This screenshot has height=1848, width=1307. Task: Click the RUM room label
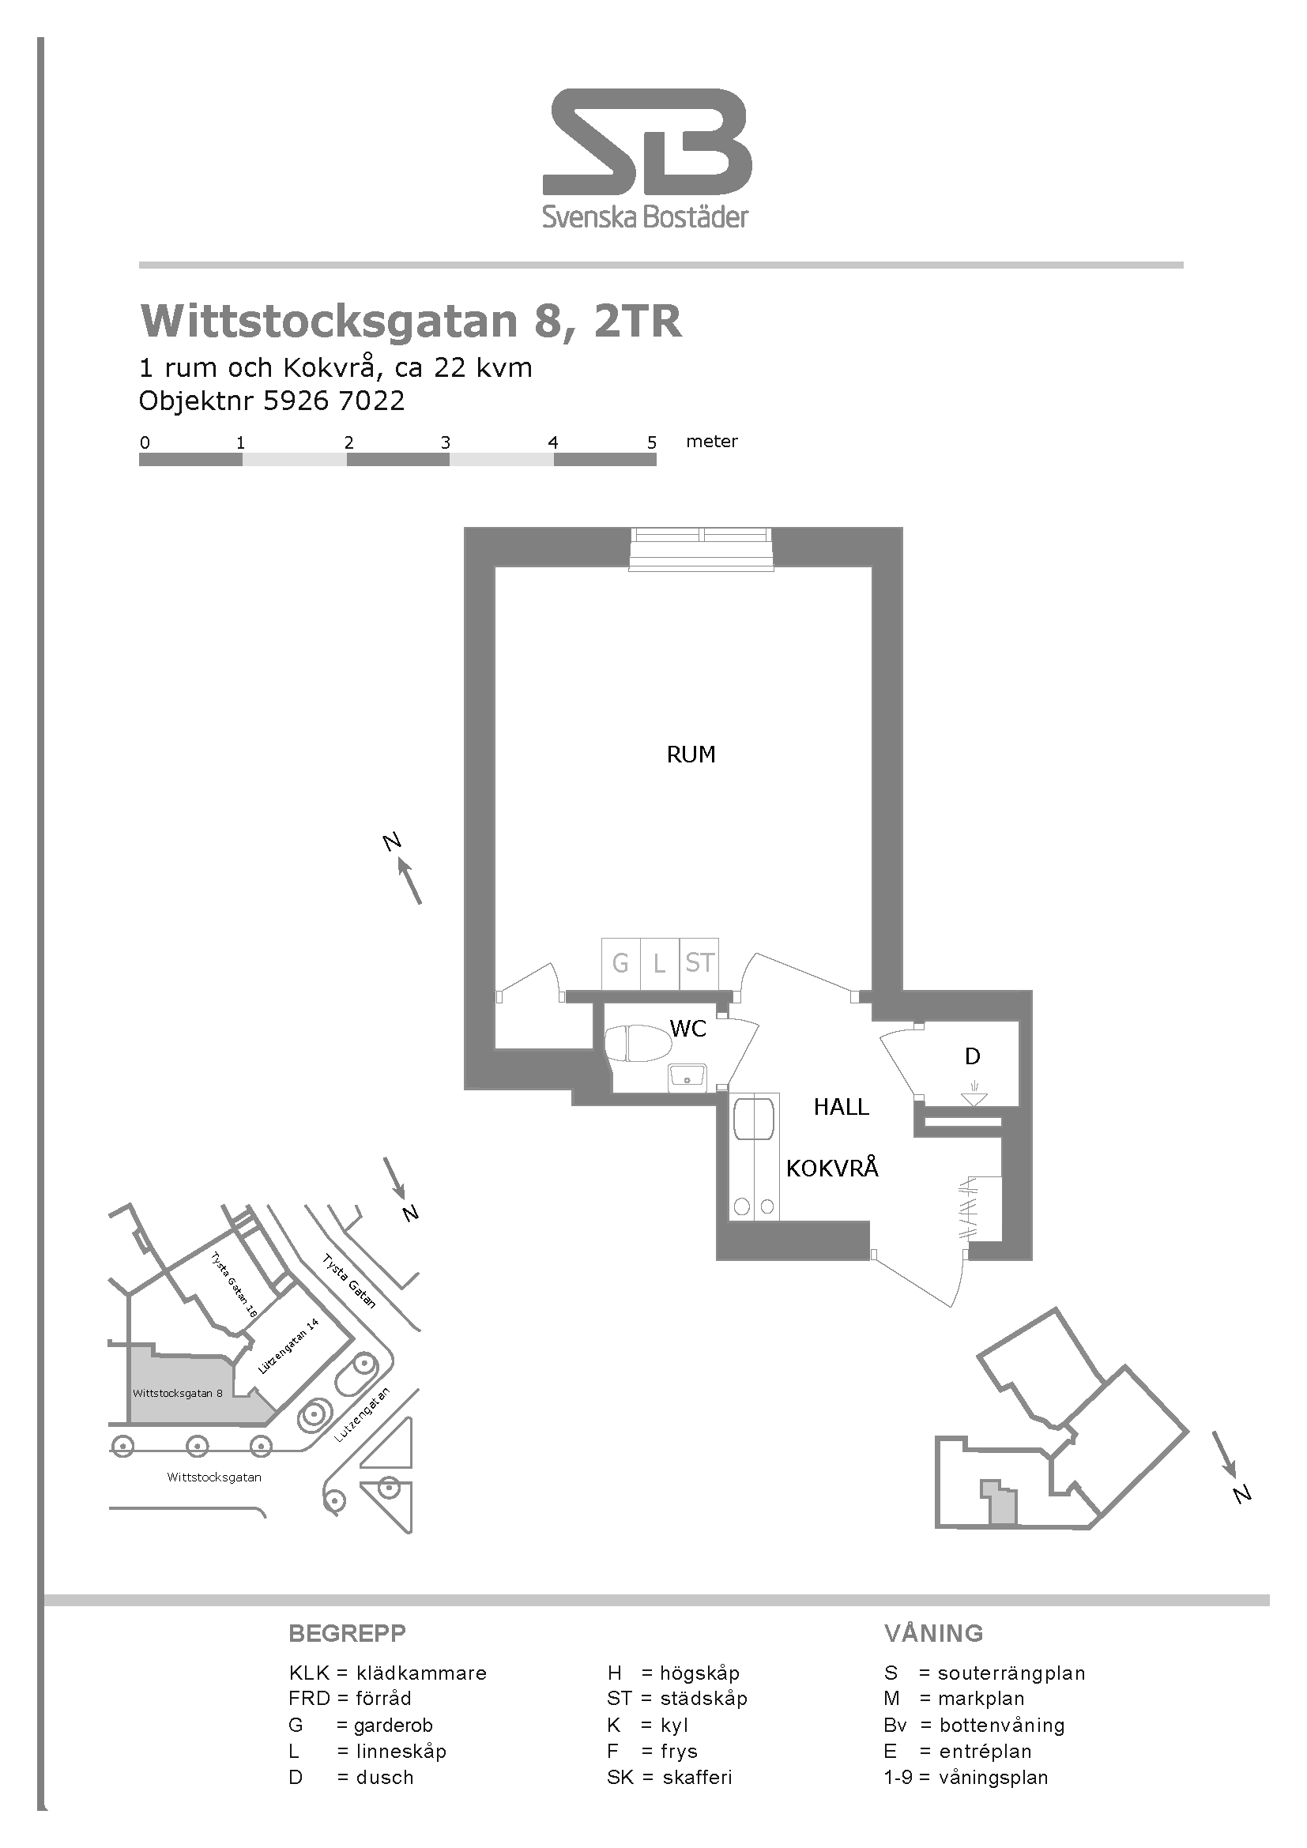691,755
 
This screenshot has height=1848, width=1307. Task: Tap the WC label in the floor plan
687,1028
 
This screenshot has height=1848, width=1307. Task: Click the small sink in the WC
687,1076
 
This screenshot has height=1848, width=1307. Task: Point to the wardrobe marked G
621,963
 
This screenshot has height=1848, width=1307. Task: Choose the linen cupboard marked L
660,963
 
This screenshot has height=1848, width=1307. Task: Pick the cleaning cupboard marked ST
699,963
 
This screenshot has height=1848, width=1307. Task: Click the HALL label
841,1107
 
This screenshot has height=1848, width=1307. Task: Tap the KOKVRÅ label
832,1168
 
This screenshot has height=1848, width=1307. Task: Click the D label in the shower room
972,1056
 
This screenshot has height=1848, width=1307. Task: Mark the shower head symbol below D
974,1097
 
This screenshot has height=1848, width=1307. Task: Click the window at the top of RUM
701,549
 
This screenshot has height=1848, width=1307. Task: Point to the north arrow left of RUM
409,880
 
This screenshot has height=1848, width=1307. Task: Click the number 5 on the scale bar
652,442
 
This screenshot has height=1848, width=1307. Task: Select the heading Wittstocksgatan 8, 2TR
410,321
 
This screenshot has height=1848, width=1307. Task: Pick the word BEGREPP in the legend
347,1633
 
